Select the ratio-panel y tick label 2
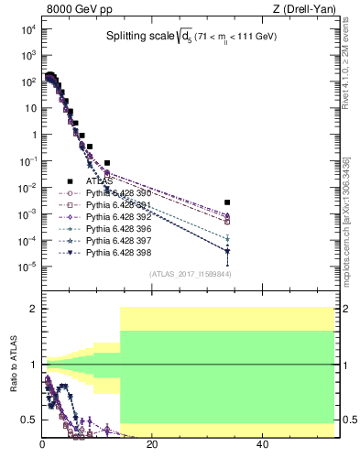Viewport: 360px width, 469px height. click(33, 310)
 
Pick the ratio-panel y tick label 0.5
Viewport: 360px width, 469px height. click(29, 420)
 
